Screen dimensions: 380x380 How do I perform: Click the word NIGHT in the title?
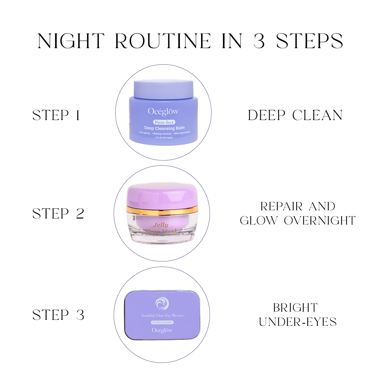tap(71, 41)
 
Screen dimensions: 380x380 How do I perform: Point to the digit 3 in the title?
tap(259, 41)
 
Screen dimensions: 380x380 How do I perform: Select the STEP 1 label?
tap(56, 115)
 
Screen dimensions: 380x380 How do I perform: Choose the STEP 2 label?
tap(58, 214)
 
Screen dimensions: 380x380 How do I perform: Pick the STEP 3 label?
tap(58, 315)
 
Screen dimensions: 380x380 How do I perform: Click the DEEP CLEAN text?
tap(295, 115)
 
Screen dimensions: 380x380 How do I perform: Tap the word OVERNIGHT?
tap(320, 221)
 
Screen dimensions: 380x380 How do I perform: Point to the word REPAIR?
tap(282, 206)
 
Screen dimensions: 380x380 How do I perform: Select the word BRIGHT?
tap(295, 308)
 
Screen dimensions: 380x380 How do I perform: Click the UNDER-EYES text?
tap(298, 322)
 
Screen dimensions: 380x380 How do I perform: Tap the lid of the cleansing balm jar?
tap(163, 89)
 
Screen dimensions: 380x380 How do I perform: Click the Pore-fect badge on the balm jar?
tap(164, 122)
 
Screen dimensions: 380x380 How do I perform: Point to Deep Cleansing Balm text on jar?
tap(164, 128)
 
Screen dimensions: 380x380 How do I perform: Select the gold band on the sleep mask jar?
tap(162, 209)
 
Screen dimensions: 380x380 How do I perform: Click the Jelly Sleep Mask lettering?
tap(161, 228)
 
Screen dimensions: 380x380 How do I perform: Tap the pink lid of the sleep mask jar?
tap(162, 194)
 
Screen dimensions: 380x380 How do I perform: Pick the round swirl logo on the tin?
tap(162, 304)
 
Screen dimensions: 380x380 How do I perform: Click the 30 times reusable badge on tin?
tap(162, 322)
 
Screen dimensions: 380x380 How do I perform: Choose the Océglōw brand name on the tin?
tap(162, 330)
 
